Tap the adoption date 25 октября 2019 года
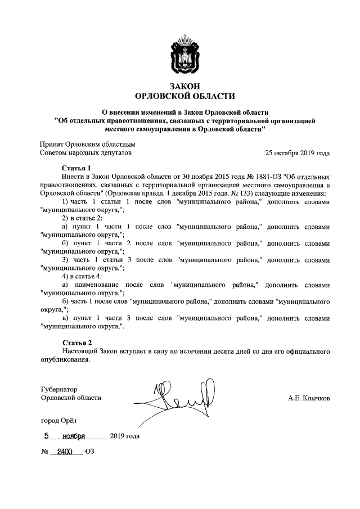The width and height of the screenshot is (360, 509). pos(298,152)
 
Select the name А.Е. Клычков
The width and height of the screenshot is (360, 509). pos(308,398)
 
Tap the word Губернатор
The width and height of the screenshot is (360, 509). pos(59,389)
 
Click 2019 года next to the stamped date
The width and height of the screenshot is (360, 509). pos(125,436)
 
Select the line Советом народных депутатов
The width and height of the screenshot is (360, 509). pos(85,152)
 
